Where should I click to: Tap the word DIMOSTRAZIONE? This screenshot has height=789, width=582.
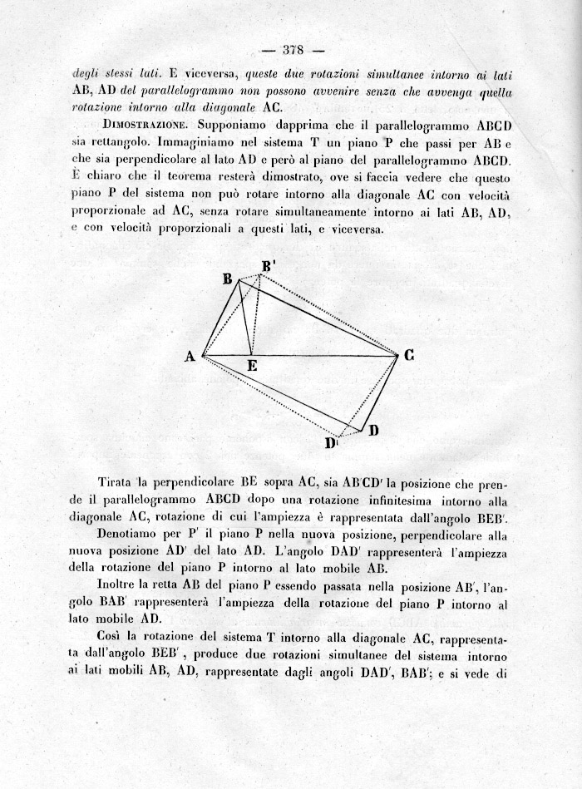coord(136,124)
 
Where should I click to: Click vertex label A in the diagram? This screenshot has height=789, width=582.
coord(190,357)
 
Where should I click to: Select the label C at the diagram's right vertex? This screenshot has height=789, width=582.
coord(409,355)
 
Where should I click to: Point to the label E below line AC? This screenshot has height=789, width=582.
coord(253,366)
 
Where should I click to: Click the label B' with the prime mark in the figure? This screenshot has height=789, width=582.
coord(268,267)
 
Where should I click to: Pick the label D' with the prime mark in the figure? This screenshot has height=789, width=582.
coord(331,443)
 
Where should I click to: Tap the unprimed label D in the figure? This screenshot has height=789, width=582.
coord(373,430)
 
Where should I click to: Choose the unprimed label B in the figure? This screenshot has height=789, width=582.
coord(226,279)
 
